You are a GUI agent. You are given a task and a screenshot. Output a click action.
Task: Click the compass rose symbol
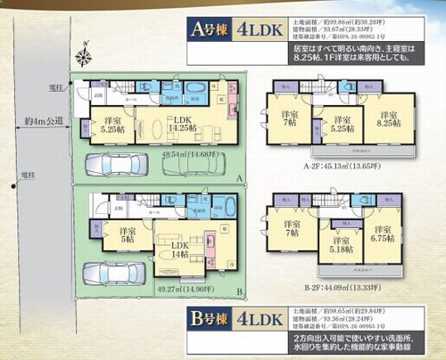tap(84, 60)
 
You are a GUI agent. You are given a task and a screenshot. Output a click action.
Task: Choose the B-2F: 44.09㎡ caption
tap(339, 287)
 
